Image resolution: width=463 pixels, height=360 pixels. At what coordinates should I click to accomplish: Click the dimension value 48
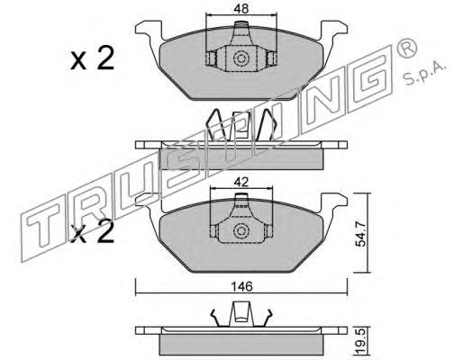point(241,9)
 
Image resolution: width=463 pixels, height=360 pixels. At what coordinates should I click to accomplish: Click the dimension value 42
point(241,182)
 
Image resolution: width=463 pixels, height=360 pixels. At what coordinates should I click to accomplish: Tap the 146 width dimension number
point(241,287)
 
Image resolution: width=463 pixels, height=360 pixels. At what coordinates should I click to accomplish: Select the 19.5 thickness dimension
point(361,341)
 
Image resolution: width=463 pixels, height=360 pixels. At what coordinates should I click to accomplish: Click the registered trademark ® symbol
point(406,48)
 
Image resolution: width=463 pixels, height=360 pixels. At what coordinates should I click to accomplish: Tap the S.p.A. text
point(425,74)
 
